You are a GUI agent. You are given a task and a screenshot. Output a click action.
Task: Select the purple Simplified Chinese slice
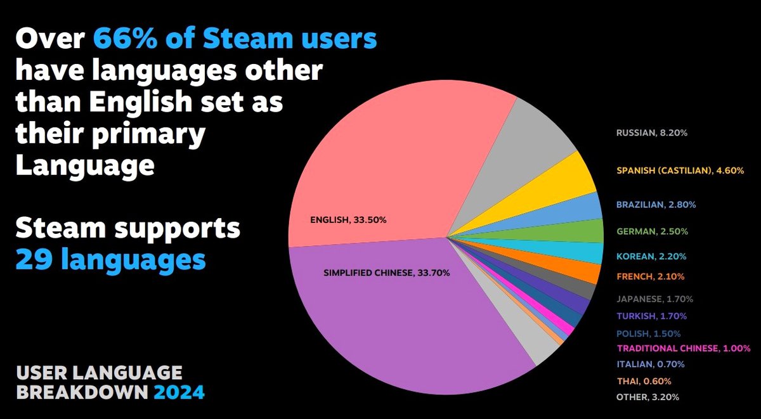393,304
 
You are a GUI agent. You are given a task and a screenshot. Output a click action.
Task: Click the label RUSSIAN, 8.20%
647,134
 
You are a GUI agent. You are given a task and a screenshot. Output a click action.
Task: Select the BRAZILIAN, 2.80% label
656,205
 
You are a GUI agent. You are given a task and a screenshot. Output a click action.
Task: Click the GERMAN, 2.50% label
651,231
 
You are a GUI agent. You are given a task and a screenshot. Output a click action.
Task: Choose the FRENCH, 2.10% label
650,276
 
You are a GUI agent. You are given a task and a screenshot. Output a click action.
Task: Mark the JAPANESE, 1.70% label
654,299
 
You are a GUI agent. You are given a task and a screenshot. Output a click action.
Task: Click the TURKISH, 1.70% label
651,316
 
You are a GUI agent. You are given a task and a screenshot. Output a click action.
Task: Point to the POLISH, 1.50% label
648,333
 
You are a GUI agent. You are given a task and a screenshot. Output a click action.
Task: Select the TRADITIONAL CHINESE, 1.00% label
684,348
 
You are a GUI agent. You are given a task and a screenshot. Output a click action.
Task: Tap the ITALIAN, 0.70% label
650,364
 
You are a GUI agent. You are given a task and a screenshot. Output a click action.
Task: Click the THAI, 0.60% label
644,381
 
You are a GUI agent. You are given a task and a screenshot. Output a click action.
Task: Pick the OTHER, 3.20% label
647,397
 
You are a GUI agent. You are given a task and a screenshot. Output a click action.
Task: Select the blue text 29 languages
110,259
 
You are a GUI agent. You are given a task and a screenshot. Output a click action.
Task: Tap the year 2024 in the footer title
179,392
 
